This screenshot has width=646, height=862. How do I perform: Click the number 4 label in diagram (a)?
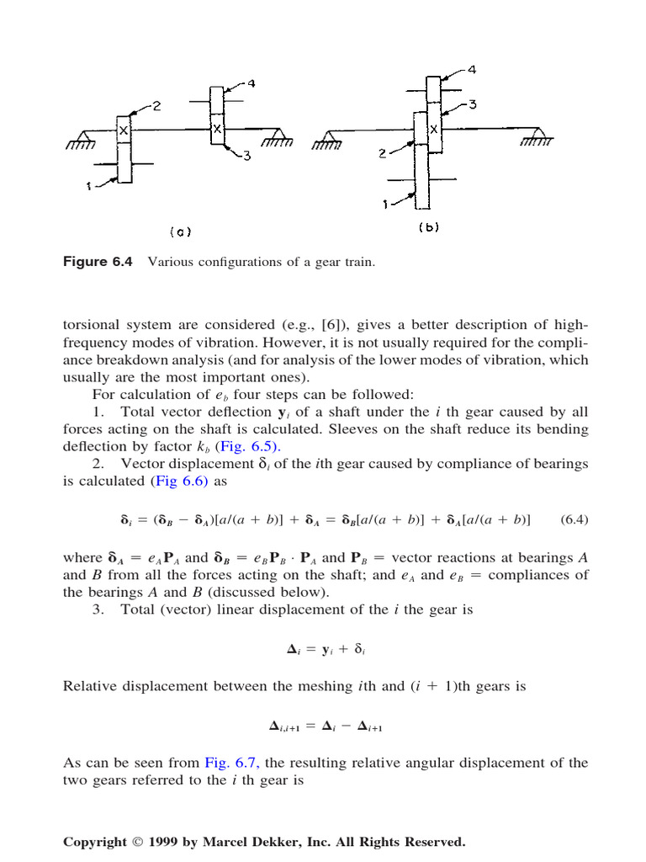click(x=252, y=84)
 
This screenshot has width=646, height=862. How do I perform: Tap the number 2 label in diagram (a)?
click(x=156, y=107)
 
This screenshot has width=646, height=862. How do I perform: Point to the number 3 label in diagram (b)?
click(x=473, y=104)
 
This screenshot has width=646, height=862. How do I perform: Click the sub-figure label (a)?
click(x=180, y=231)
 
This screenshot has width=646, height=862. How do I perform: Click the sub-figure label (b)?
click(x=428, y=226)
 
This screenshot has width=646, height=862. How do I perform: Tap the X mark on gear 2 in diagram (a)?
click(x=124, y=130)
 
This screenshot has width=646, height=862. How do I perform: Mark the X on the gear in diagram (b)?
click(x=434, y=130)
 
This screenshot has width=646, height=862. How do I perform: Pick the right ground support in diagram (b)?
click(x=535, y=137)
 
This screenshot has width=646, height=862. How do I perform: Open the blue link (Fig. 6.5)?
click(x=249, y=446)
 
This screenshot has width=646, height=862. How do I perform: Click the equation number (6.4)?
click(x=575, y=520)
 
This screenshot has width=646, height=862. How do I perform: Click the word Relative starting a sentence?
click(x=90, y=686)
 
